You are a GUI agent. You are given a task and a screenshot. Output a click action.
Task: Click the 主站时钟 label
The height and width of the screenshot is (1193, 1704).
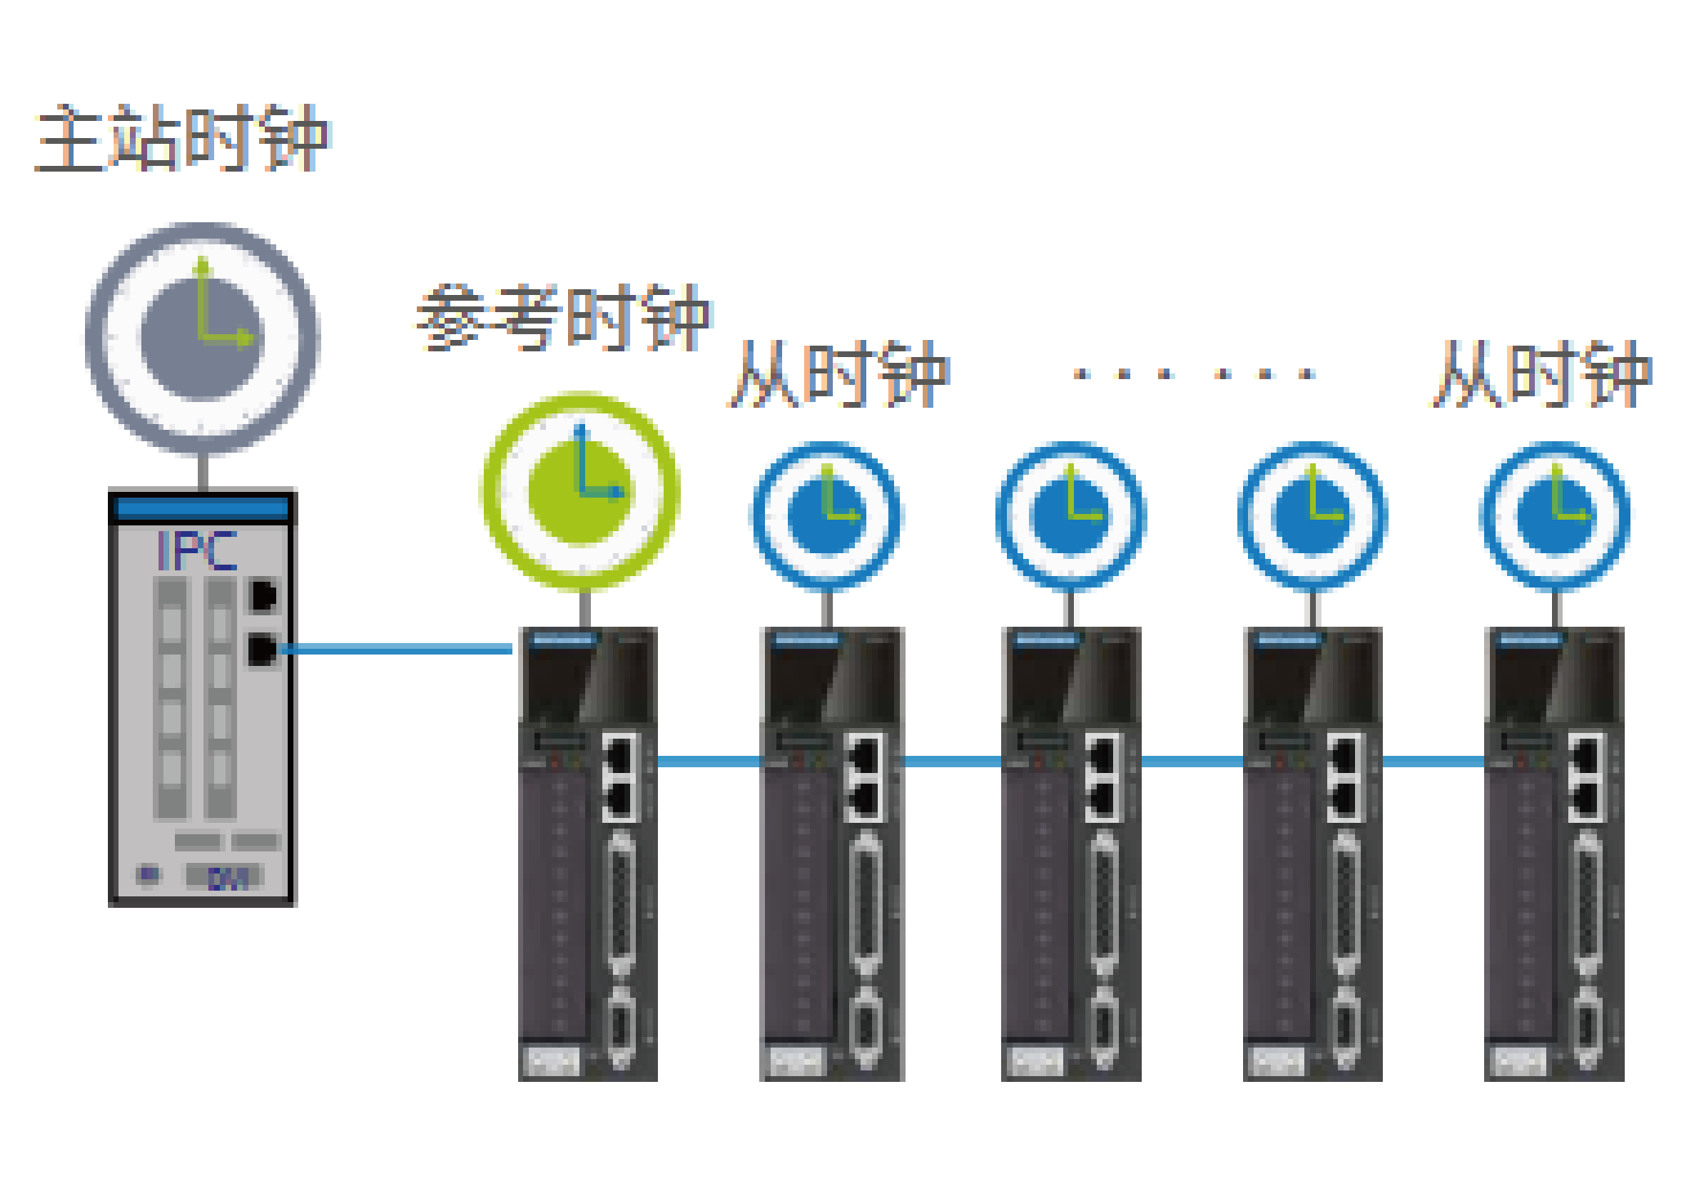point(181,138)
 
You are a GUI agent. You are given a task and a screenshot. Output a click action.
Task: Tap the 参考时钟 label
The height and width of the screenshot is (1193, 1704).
point(564,318)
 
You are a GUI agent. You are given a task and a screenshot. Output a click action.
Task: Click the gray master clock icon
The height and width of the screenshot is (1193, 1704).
point(203,337)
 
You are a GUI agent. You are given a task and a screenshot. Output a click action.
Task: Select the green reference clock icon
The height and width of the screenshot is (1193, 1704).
point(581,490)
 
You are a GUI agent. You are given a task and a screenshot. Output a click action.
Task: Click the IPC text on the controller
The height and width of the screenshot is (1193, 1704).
point(197,552)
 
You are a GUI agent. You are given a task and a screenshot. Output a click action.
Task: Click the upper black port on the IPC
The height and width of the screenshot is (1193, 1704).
point(263,596)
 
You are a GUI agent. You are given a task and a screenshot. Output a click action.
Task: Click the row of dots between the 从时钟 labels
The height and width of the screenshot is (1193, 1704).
point(1194,374)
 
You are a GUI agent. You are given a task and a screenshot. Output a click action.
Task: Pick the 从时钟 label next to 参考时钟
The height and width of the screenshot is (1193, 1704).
point(839,375)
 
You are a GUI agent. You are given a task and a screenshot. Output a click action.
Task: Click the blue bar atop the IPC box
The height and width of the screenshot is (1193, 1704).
point(203,508)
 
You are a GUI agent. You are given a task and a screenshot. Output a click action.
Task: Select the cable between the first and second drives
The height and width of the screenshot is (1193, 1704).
point(709,762)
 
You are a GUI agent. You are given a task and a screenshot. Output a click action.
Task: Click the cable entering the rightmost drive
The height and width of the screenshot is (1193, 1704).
point(1433,762)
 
